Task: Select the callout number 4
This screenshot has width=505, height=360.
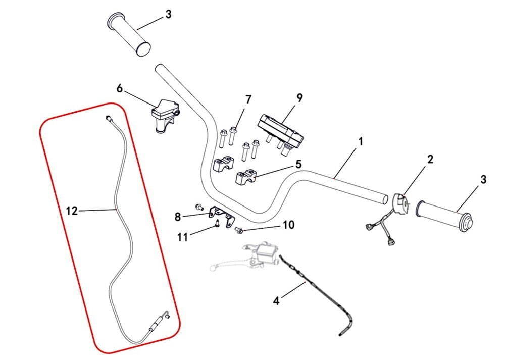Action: pos(276,301)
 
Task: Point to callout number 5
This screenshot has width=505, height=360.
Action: pos(298,164)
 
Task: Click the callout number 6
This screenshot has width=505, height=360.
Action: pos(119,88)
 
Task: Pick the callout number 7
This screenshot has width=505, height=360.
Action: pos(248,99)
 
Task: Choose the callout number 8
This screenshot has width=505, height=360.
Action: pos(177,217)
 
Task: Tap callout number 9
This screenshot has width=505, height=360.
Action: pos(299,97)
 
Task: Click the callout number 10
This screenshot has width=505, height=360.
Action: pos(288,225)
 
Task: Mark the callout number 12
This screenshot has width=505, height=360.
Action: pos(72,211)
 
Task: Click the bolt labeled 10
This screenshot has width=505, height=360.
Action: pos(239,231)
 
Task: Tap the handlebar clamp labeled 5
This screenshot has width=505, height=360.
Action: pos(246,177)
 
